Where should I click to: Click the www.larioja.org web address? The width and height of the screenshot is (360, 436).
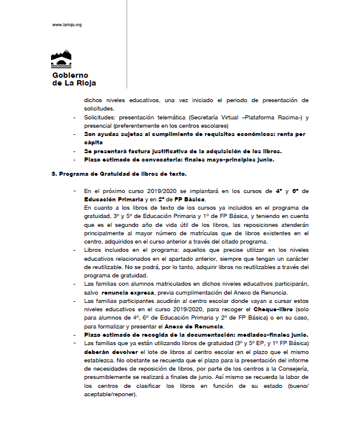(67, 25)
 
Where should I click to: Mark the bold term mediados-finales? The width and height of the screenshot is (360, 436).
(257, 335)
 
